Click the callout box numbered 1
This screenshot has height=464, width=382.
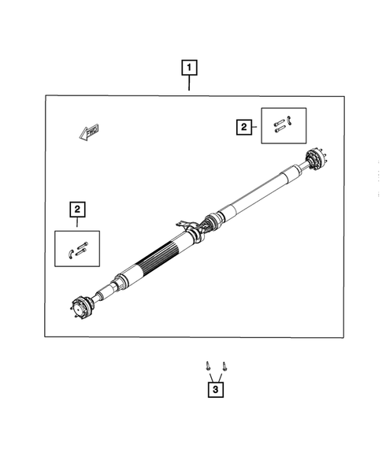pos(190,68)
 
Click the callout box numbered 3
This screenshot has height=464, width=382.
pos(214,388)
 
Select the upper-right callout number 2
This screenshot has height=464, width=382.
pos(244,125)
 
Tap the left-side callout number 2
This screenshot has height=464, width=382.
pos(77,209)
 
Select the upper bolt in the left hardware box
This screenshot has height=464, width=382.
pos(82,245)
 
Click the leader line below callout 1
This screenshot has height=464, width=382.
pos(190,85)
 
